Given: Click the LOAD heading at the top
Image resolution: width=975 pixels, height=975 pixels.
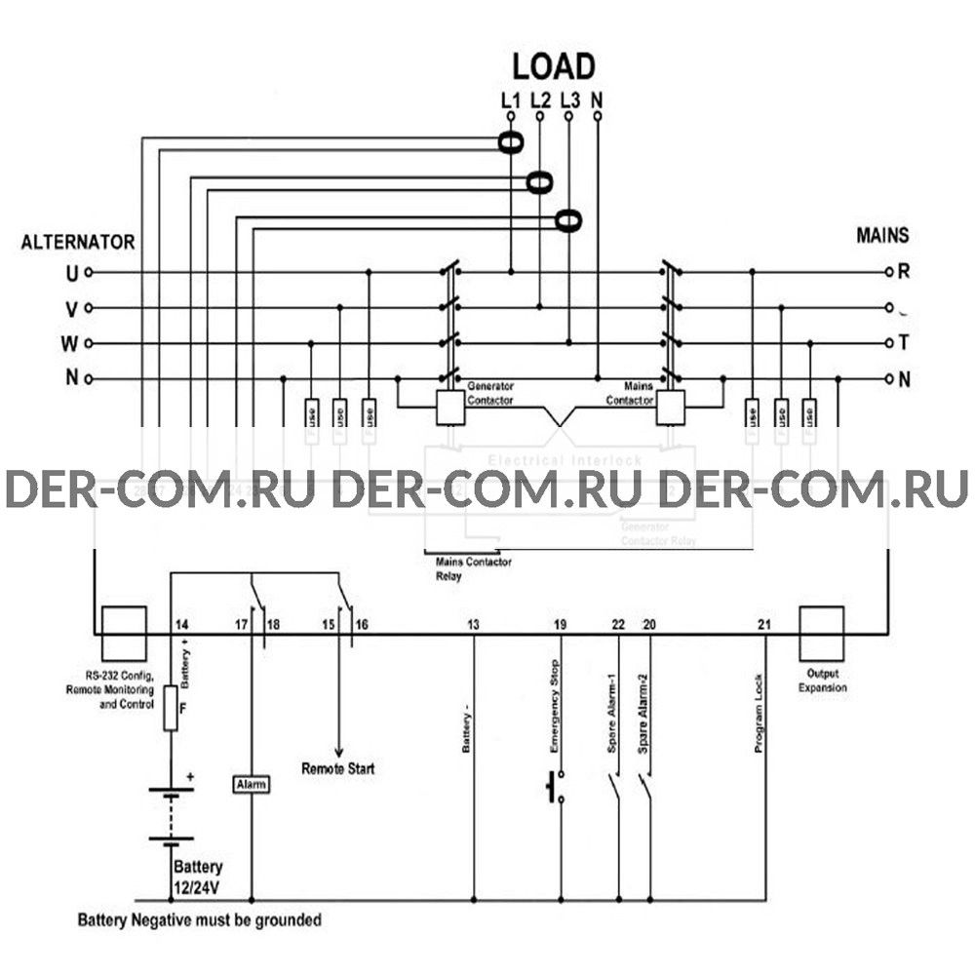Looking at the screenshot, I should click(x=554, y=66).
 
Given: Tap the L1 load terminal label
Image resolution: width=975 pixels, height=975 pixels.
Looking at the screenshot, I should click(x=510, y=98).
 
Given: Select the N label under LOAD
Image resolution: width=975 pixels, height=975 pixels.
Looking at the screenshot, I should click(x=598, y=98).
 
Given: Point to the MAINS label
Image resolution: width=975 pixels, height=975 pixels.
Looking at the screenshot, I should click(x=882, y=235).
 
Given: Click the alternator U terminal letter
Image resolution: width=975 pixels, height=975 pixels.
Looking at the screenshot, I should click(x=71, y=273).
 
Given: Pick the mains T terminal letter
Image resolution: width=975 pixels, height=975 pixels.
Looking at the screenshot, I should click(x=904, y=343).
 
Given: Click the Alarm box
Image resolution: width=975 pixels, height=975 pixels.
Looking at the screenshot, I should click(x=252, y=784).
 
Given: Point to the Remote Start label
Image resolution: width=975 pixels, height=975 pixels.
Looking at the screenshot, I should click(x=337, y=769).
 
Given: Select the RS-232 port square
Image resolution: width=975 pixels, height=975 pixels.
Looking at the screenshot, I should click(x=124, y=629).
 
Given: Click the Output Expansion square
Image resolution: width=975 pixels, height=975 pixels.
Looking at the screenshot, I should click(x=821, y=630).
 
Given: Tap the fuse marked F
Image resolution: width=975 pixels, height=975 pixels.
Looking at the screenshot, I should click(x=171, y=707).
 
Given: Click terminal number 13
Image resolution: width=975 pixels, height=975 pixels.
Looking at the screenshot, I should click(x=473, y=624).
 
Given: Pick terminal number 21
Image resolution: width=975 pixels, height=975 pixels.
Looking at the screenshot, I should click(x=765, y=624).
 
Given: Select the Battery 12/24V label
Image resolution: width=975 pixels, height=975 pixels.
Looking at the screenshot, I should click(x=198, y=876).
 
